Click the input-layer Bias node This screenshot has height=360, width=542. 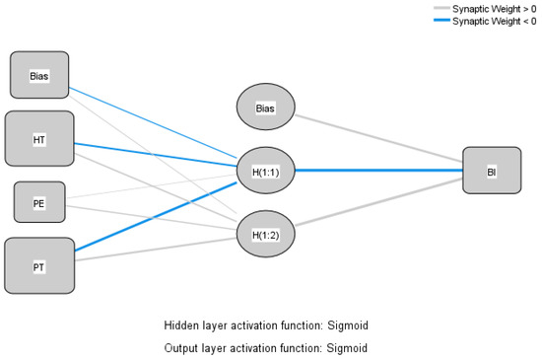pyautogui.click(x=39, y=76)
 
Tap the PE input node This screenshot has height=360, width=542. pyautogui.click(x=39, y=201)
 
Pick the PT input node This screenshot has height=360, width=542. pyautogui.click(x=39, y=264)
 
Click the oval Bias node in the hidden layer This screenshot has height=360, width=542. pyautogui.click(x=263, y=107)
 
